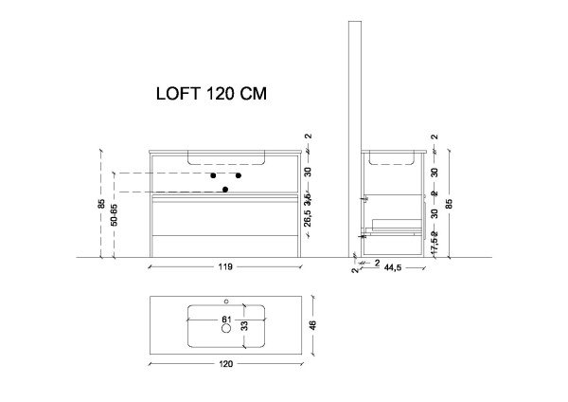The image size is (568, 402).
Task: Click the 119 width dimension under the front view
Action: coord(226,267)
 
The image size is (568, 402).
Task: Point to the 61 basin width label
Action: coord(226,319)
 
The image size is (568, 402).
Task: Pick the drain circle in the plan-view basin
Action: coord(225,330)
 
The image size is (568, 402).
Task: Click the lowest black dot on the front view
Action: coord(225,190)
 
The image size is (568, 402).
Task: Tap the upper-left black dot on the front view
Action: coord(214,175)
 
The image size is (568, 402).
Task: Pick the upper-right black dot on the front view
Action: coord(239,175)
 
